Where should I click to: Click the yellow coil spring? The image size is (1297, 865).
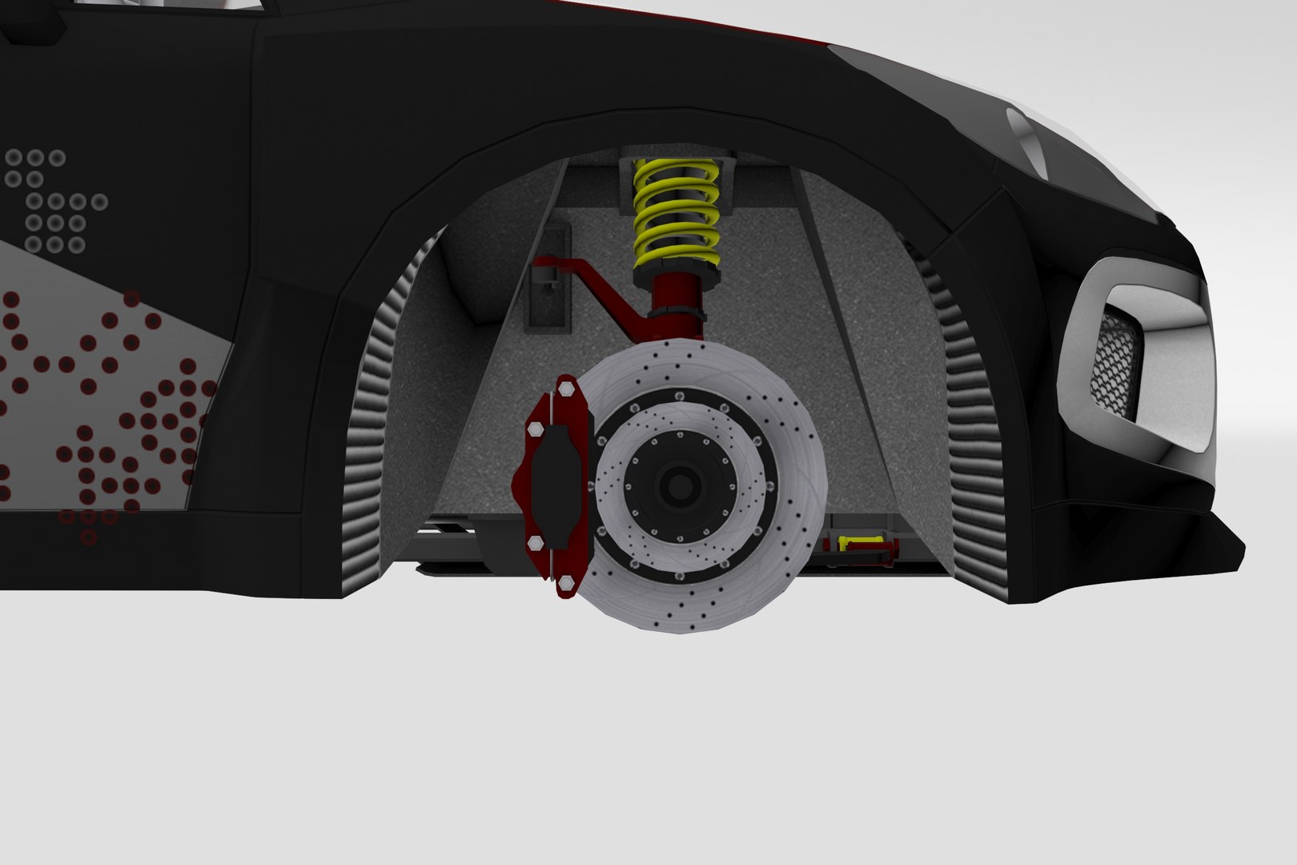tap(676, 215)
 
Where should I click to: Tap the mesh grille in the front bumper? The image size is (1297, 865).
tap(1116, 360)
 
